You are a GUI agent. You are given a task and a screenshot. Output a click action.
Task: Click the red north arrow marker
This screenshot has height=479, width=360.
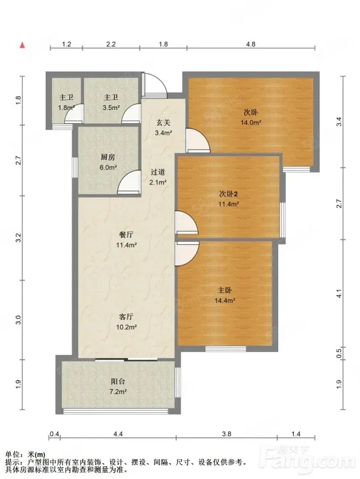click(x=22, y=45)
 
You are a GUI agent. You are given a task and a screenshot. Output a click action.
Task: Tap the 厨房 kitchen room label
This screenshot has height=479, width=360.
click(x=108, y=157)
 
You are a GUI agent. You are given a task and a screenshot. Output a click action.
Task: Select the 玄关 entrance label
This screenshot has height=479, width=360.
click(x=164, y=123)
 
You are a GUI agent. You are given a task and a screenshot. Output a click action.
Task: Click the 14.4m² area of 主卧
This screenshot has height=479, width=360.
click(x=225, y=301)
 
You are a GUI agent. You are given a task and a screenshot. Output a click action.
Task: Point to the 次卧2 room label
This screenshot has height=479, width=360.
click(x=228, y=194)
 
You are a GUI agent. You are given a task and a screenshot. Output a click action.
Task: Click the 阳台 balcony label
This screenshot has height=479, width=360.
click(x=118, y=381)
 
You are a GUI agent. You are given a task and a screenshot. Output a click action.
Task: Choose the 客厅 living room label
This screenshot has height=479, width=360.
click(x=126, y=317)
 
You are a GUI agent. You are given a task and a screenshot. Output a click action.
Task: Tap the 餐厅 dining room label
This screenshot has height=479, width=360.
click(x=126, y=235)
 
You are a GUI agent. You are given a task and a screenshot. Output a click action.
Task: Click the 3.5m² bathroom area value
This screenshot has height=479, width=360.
click(x=111, y=107)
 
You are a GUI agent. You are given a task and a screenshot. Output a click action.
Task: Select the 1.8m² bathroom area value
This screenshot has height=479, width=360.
click(x=66, y=107)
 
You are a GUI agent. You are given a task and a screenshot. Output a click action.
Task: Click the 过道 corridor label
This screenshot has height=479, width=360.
click(x=158, y=172)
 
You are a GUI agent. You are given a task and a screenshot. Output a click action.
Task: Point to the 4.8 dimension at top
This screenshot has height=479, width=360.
click(x=251, y=44)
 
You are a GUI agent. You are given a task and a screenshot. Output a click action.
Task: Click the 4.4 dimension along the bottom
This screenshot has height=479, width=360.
click(x=118, y=434)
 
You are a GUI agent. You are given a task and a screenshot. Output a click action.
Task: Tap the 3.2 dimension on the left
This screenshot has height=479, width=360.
click(x=19, y=238)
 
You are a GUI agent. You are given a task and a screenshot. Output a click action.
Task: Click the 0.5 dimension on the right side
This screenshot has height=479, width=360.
click(x=339, y=353)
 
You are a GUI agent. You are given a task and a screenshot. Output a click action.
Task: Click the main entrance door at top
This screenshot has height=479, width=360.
click(x=155, y=85)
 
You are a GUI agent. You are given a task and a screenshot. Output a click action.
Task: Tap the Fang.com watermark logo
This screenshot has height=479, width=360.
click(x=308, y=460)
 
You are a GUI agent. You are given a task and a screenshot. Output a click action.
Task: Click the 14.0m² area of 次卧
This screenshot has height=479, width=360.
click(x=251, y=123)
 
